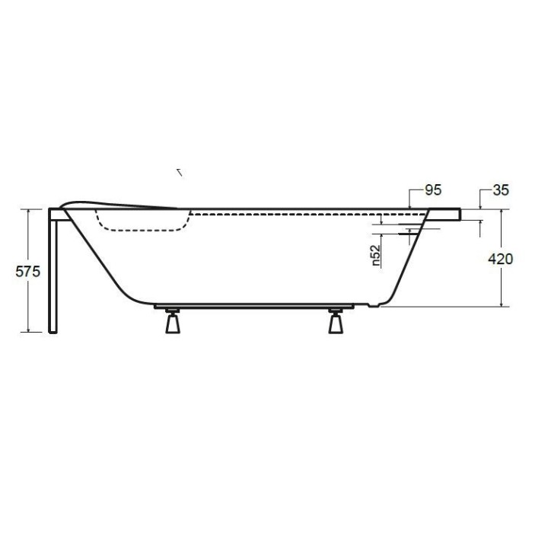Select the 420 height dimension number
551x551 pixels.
point(500,259)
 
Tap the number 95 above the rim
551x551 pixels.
point(432,190)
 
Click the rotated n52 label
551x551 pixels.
point(377,255)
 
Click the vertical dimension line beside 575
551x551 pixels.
point(28,304)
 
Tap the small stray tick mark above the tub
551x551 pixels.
point(180,172)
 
